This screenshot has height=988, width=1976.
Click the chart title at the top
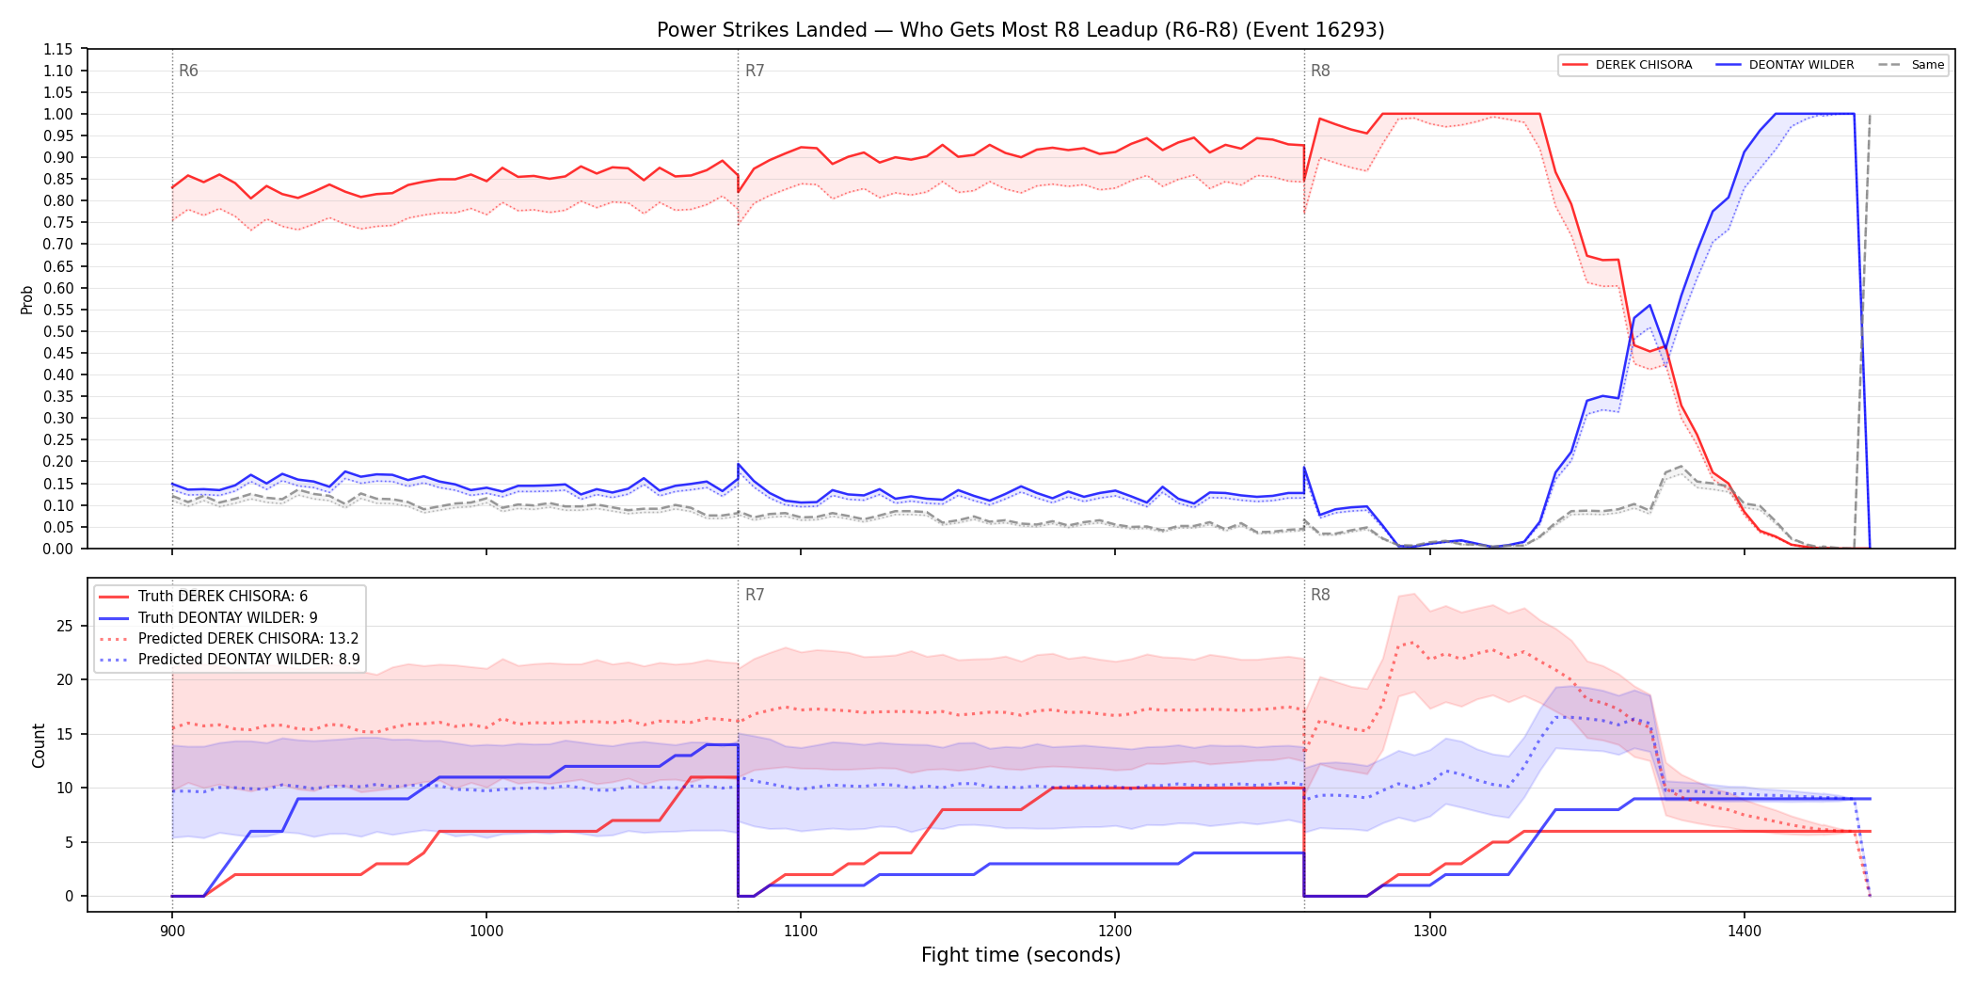pos(1020,30)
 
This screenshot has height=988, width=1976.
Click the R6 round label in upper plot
pos(188,71)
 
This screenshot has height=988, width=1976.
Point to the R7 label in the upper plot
pos(755,71)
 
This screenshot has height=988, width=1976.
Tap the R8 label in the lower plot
pos(1320,595)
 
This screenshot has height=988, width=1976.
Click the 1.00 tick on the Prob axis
pos(58,114)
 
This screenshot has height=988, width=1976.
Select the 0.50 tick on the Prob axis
pos(58,331)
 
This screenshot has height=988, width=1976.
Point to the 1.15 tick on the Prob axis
pos(58,49)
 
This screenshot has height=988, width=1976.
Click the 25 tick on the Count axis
pos(65,626)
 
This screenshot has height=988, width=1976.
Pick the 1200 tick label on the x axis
pos(1115,932)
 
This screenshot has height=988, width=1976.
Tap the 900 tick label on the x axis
pos(172,932)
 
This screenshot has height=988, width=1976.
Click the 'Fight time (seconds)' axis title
pos(1021,955)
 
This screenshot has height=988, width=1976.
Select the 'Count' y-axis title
pos(39,745)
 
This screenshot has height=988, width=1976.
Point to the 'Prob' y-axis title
pos(27,299)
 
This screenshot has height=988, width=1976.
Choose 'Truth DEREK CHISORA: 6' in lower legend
pos(223,597)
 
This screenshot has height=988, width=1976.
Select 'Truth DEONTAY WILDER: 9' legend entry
pos(228,618)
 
